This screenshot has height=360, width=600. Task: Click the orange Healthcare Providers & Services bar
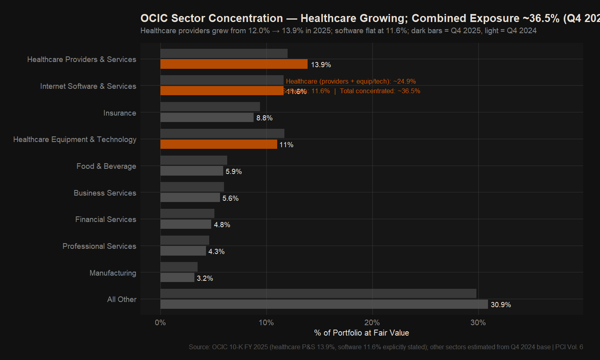tap(234, 64)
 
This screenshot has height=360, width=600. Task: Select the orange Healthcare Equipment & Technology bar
tap(219, 144)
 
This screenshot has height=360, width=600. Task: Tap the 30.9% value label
tap(501, 305)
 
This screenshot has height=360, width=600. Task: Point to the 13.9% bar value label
tap(321, 65)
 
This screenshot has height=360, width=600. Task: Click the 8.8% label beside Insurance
tap(264, 118)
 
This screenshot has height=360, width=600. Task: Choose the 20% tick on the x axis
tap(372, 323)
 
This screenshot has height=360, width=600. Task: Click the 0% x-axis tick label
tap(160, 323)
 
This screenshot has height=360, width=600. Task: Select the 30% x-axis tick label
tap(478, 323)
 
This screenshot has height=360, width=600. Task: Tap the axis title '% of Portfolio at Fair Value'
tap(362, 333)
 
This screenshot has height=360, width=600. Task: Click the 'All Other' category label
tap(122, 300)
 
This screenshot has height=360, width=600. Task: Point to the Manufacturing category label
tap(113, 273)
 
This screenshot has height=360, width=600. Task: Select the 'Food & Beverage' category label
tap(106, 166)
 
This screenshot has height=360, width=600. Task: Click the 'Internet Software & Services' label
tap(88, 86)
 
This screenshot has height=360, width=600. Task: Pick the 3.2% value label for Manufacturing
tap(205, 278)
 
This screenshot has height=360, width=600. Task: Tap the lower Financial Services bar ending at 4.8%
tap(186, 224)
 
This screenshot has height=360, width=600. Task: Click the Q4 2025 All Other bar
tap(324, 304)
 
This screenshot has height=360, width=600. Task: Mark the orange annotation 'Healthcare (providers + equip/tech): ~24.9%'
tap(351, 82)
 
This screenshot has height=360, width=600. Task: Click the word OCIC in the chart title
tap(154, 18)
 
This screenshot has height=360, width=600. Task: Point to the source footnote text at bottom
tap(386, 347)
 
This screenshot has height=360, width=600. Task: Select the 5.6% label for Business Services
tap(230, 198)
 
